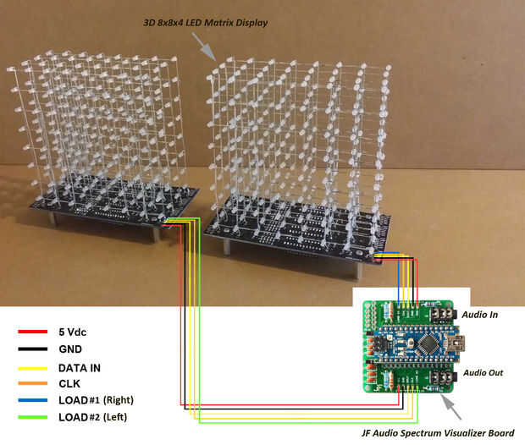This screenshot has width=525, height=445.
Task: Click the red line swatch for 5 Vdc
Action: point(32,332)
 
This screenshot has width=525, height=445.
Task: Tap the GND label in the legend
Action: point(70,349)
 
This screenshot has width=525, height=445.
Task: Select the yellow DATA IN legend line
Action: point(32,368)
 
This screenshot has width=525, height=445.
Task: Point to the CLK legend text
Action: point(69,383)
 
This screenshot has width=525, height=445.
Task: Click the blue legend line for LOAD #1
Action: point(32,400)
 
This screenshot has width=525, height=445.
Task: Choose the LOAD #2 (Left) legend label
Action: point(93,417)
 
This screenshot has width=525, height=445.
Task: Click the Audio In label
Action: point(480,315)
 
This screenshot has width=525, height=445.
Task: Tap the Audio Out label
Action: point(484,373)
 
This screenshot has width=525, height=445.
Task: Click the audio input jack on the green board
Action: point(443,314)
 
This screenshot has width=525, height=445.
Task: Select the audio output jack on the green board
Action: point(443,378)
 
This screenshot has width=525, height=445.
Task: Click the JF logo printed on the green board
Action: point(378,387)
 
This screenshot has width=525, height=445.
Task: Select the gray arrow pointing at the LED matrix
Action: point(203,47)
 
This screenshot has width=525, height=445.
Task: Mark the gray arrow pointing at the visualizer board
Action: point(451,407)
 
